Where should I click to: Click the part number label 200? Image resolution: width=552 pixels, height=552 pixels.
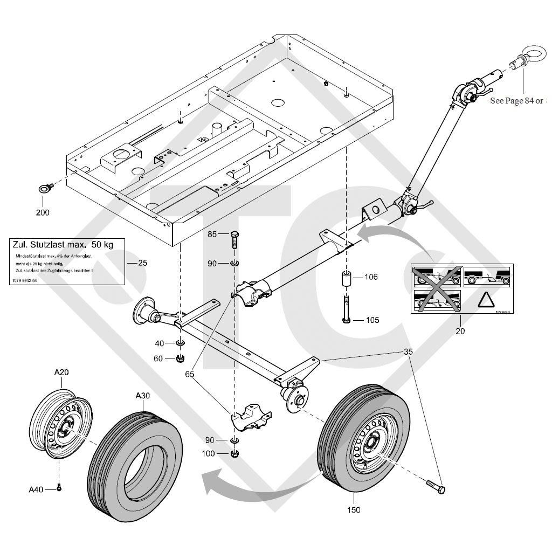(42, 212)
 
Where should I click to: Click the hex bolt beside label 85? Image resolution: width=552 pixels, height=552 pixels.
(235, 240)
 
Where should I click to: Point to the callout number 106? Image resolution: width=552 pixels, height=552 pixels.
(371, 277)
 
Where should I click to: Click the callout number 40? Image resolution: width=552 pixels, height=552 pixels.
(160, 343)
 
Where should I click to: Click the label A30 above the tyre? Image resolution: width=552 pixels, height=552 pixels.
(142, 395)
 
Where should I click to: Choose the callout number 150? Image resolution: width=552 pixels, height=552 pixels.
(354, 509)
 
